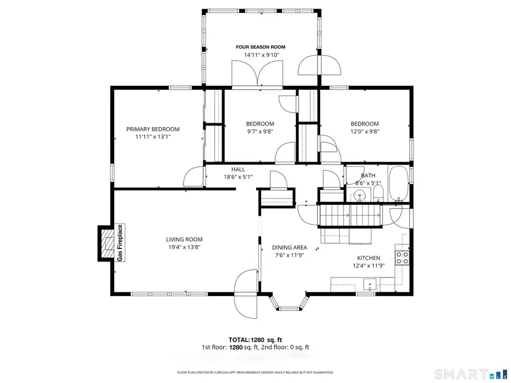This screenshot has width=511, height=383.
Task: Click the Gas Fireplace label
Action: point(120,243)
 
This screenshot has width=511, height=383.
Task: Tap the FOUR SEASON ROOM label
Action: point(261,47)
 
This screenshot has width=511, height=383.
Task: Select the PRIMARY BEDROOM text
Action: point(153,129)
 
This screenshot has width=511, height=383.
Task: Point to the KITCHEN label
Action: point(368,258)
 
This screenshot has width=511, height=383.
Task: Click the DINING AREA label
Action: point(289,247)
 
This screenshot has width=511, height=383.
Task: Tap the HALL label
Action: point(238,169)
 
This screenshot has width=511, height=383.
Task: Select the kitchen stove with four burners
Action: point(402,258)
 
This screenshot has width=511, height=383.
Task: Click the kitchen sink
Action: point(370,283)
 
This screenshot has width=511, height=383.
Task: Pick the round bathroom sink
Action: point(359,196)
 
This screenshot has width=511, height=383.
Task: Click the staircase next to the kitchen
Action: point(349,215)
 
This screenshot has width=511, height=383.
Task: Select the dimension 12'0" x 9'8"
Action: point(365,132)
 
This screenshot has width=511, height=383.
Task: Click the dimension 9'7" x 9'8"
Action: point(260,132)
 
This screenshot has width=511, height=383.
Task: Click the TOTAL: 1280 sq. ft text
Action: point(256,339)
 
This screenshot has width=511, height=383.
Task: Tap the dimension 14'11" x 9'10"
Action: point(261,55)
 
